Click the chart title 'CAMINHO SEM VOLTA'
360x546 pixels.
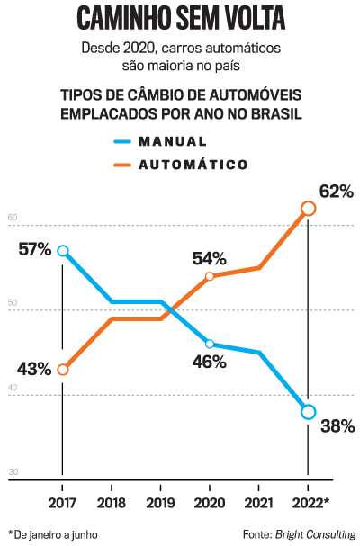pyautogui.click(x=180, y=19)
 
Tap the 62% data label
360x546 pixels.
pyautogui.click(x=336, y=192)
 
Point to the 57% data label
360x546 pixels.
pyautogui.click(x=34, y=249)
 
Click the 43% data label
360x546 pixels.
pyautogui.click(x=34, y=369)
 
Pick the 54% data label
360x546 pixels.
pyautogui.click(x=209, y=258)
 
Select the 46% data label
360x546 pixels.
pyautogui.click(x=209, y=362)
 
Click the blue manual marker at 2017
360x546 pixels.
pyautogui.click(x=62, y=251)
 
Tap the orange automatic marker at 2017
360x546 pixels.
pyautogui.click(x=62, y=370)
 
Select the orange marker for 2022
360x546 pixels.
pyautogui.click(x=308, y=209)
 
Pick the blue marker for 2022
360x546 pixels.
pyautogui.click(x=308, y=412)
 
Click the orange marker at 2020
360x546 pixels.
pyautogui.click(x=210, y=276)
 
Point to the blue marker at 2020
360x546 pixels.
pyautogui.click(x=210, y=344)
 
